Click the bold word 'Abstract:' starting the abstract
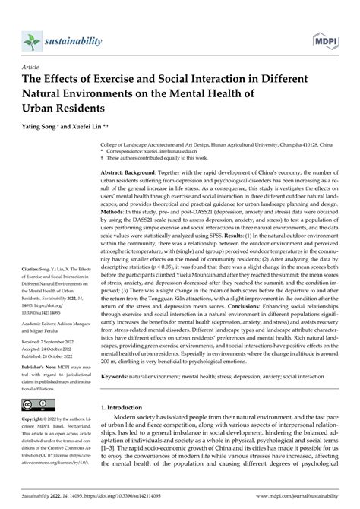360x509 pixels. click(127, 173)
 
